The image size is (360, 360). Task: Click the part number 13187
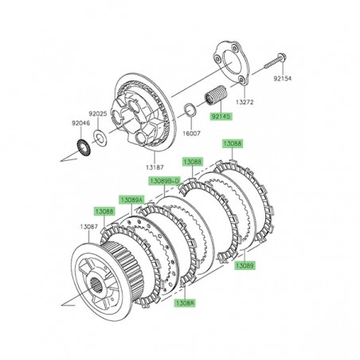[155, 166]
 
